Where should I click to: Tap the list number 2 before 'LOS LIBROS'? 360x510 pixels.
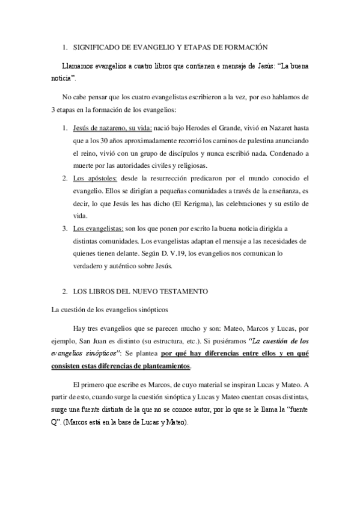point(65,291)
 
